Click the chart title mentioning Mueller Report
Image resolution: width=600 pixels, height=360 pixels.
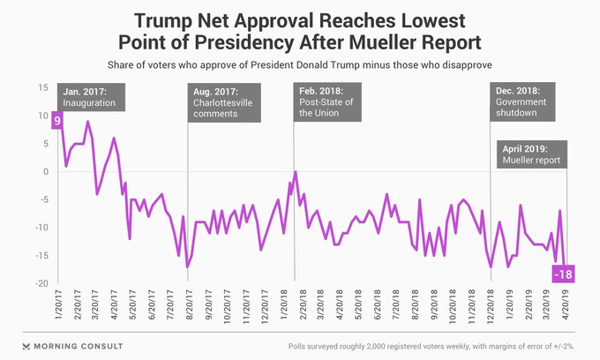tap(299, 31)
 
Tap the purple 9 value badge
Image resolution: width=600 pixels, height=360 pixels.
tap(56, 120)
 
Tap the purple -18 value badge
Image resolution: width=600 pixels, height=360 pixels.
tap(563, 275)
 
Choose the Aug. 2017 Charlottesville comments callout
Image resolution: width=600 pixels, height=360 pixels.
tap(225, 103)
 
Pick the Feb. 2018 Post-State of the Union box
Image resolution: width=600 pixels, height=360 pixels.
tap(331, 104)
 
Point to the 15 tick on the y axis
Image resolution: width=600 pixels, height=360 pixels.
tap(42, 87)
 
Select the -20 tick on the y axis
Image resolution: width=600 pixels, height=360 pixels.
tap(41, 283)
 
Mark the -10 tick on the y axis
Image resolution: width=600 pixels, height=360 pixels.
tap(41, 228)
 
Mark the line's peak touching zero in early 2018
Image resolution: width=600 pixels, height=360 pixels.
tap(295, 172)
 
